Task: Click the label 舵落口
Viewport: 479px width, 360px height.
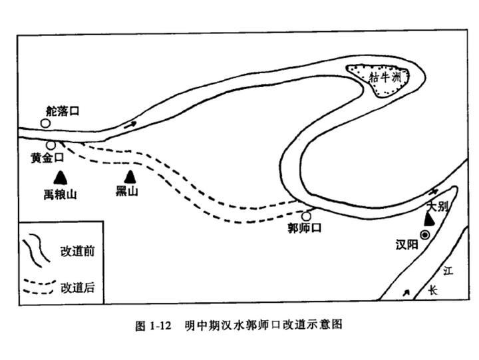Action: click(x=63, y=111)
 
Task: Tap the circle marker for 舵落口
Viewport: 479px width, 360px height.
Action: click(x=45, y=124)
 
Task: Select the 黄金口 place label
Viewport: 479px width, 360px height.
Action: click(x=47, y=158)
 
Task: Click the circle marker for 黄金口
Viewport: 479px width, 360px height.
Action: click(x=51, y=145)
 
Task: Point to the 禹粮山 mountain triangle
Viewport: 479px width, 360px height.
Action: click(x=61, y=178)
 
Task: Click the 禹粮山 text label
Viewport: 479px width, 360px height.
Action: click(x=60, y=194)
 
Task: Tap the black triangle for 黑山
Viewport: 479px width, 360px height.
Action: click(x=130, y=177)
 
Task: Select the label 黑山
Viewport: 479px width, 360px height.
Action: click(x=127, y=192)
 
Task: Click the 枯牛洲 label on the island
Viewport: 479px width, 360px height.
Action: click(x=385, y=77)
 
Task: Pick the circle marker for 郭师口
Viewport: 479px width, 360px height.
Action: click(x=306, y=216)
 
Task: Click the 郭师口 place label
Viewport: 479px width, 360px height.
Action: click(x=305, y=228)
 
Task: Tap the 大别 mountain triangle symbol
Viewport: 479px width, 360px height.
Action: click(x=430, y=220)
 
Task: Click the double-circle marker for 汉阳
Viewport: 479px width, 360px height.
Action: click(x=425, y=235)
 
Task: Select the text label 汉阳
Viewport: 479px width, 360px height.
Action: click(x=406, y=245)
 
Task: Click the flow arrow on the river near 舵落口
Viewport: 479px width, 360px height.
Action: click(x=130, y=124)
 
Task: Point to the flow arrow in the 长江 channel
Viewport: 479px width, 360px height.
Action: click(x=406, y=293)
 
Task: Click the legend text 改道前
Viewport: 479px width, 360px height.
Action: click(x=78, y=252)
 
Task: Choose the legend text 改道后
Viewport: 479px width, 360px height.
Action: click(x=78, y=287)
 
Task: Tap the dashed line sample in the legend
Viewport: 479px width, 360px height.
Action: click(x=40, y=287)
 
